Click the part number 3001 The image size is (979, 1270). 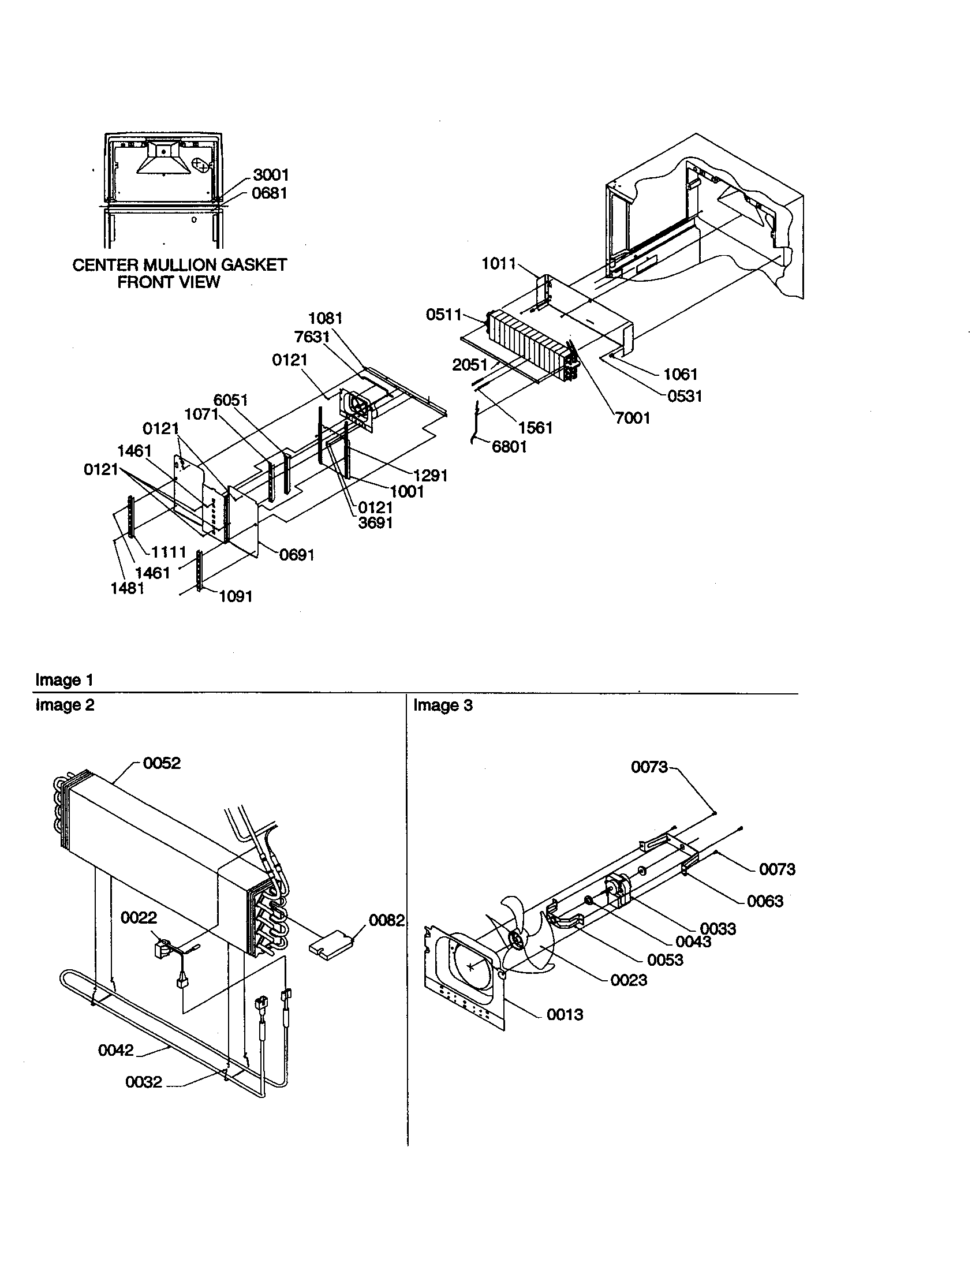[270, 175]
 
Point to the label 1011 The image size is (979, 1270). [499, 264]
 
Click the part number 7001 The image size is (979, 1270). [633, 417]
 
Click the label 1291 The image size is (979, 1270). [430, 475]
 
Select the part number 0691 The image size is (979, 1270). [297, 555]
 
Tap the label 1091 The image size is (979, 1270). [236, 596]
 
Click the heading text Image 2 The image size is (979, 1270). [65, 705]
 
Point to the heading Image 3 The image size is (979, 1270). [443, 706]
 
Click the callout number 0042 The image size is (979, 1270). [115, 1050]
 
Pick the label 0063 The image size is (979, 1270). [765, 901]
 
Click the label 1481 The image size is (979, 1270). [128, 588]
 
